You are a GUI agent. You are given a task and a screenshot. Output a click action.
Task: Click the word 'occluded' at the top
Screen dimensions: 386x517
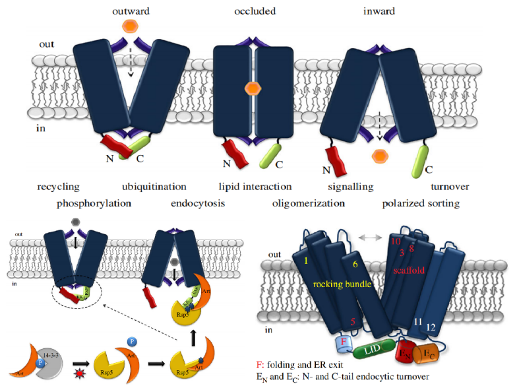pos(255,11)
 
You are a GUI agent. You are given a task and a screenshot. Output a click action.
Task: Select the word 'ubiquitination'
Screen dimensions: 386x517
pos(154,187)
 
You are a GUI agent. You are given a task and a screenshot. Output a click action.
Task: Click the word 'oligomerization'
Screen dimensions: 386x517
pos(309,203)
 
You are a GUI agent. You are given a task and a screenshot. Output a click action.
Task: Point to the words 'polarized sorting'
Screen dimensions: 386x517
pos(421,203)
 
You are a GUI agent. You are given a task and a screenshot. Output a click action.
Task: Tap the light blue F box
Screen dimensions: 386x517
pos(342,342)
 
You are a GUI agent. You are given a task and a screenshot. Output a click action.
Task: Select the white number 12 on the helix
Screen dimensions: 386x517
pos(431,327)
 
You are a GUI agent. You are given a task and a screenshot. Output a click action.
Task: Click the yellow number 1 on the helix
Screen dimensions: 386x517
pos(306,261)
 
